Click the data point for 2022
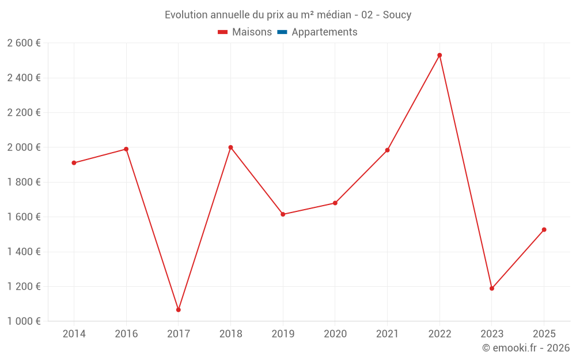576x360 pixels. click(x=439, y=55)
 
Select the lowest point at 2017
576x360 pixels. click(x=179, y=310)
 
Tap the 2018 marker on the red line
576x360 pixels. click(x=230, y=147)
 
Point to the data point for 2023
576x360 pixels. click(x=492, y=289)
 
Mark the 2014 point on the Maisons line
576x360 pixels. click(x=74, y=163)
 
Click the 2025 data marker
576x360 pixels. click(x=544, y=230)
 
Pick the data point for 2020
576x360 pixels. click(x=335, y=203)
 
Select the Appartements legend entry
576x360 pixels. click(x=324, y=32)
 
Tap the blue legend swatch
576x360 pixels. click(x=282, y=32)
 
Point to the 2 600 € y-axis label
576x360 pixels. click(x=24, y=43)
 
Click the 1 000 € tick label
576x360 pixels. click(x=24, y=321)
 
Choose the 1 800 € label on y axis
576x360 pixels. click(x=24, y=182)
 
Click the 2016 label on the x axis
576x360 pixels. click(x=126, y=334)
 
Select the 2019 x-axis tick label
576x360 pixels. click(x=283, y=334)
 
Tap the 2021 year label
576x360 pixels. click(x=387, y=334)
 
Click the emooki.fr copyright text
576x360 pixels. click(x=526, y=348)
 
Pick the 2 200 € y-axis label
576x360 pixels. click(x=24, y=113)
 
